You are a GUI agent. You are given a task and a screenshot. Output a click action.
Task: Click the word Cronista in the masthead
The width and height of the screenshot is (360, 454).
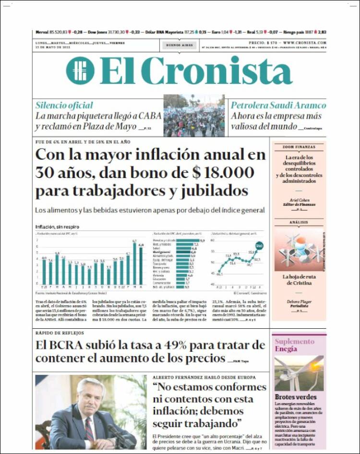click(216, 71)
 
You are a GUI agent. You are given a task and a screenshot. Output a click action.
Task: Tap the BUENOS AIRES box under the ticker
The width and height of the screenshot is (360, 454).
click(179, 45)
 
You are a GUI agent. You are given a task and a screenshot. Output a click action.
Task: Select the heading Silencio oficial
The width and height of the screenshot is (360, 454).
click(64, 105)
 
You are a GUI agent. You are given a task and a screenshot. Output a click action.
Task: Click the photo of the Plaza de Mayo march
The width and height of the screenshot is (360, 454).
click(194, 116)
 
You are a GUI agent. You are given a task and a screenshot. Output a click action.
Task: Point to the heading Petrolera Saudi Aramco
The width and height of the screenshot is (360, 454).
click(278, 105)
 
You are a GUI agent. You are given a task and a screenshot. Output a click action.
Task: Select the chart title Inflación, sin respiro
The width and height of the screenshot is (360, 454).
click(57, 227)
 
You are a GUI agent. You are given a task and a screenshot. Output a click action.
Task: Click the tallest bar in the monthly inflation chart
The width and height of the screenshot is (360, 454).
click(134, 263)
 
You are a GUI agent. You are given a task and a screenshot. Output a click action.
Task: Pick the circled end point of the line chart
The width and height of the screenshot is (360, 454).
click(259, 246)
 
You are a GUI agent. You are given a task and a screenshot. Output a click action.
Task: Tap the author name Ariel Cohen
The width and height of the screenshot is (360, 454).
click(299, 200)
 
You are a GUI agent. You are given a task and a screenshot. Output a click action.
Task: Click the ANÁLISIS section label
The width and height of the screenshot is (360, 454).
click(299, 222)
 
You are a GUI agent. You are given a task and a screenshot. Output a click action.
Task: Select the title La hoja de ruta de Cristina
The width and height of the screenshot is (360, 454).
click(299, 280)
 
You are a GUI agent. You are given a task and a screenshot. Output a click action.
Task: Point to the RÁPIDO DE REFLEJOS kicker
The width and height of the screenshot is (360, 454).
click(60, 333)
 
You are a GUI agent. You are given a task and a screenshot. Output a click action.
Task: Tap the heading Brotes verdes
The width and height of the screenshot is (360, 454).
click(295, 397)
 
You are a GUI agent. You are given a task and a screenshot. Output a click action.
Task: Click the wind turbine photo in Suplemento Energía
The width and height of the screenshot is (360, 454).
click(299, 373)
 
